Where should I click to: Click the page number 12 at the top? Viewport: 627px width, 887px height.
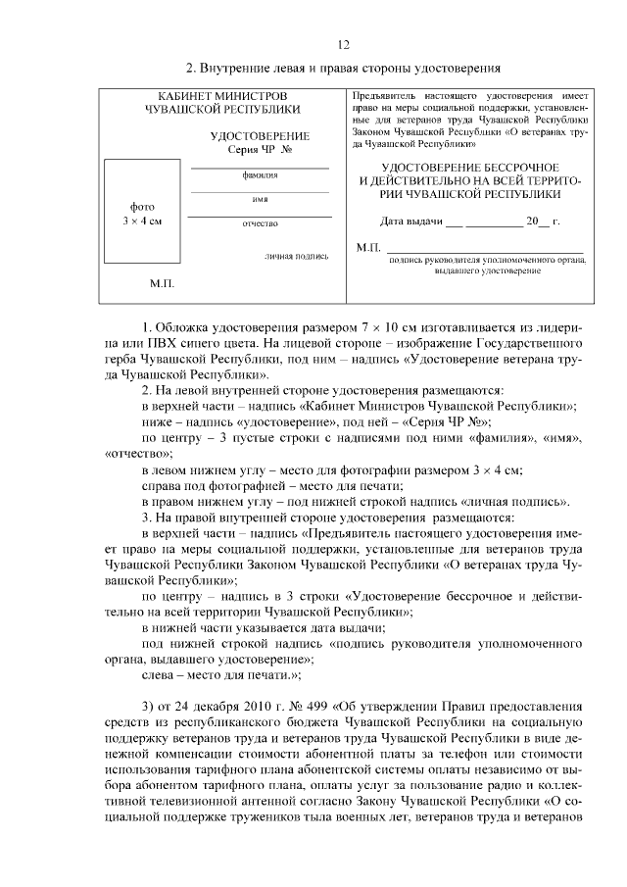click(343, 45)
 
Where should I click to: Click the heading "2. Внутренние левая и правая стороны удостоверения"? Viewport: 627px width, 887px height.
click(344, 69)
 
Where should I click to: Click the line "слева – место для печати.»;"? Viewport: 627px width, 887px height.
click(221, 675)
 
